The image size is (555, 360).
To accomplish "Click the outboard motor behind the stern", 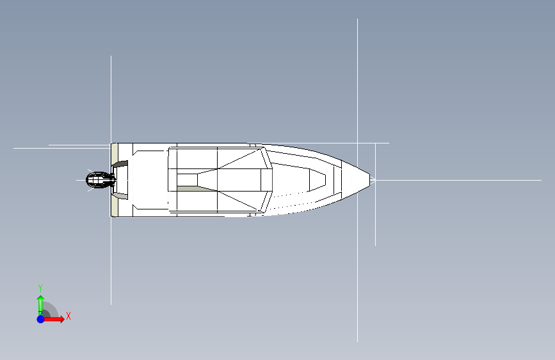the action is [x=100, y=181].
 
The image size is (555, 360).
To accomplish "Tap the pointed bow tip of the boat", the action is [x=370, y=179].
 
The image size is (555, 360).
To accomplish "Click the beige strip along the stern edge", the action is [x=114, y=180].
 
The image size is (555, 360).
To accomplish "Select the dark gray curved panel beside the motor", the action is [x=121, y=165].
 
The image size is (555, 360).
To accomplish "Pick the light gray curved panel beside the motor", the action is [x=120, y=196].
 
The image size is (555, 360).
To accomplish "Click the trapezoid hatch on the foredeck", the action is [x=318, y=180].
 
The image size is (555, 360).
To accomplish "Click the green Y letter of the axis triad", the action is [x=40, y=288].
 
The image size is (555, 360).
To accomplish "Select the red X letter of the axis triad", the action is [x=68, y=316].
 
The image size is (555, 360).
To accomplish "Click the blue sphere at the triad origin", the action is [x=41, y=319].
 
